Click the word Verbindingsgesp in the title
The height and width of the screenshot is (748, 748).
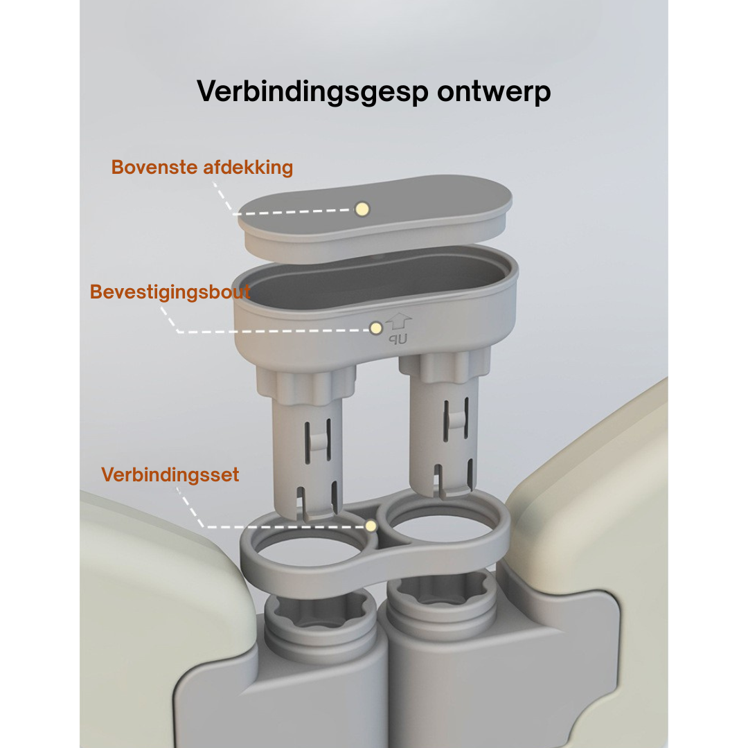(312, 91)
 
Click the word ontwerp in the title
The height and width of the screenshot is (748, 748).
(494, 92)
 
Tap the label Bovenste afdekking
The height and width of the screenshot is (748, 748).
(202, 168)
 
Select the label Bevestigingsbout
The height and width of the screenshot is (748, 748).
(170, 292)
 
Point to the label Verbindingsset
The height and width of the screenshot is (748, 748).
(170, 474)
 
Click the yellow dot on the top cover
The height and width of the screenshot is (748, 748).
(362, 209)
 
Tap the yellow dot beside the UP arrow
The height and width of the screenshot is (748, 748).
(376, 328)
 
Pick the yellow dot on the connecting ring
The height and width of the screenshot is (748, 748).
(371, 526)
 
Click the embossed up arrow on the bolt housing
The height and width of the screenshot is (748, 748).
(398, 321)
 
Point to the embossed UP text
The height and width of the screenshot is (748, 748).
(398, 339)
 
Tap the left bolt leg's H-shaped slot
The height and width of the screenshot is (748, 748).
(318, 440)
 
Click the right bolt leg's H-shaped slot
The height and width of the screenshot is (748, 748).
(456, 420)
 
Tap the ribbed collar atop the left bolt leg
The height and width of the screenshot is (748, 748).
(306, 383)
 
